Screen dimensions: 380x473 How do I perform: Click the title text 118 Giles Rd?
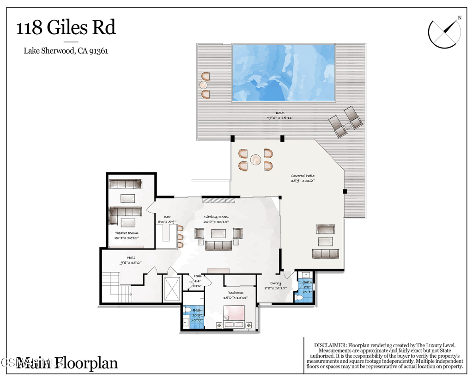[66, 28]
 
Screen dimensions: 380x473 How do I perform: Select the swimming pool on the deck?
[283, 73]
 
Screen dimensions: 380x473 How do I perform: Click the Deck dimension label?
[280, 116]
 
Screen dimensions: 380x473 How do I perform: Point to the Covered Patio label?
[303, 178]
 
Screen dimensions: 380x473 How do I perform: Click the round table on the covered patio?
[255, 159]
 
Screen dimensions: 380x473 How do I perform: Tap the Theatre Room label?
[126, 235]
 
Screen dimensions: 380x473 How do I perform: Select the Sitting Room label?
[217, 219]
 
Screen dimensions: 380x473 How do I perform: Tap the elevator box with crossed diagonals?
[171, 288]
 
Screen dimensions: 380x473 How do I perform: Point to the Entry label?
[275, 286]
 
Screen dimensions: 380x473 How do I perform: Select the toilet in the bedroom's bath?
[187, 310]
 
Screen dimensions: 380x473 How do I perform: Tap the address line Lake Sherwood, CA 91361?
[66, 51]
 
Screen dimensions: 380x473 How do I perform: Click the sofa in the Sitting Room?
[218, 245]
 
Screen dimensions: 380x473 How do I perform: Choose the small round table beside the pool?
[203, 85]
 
